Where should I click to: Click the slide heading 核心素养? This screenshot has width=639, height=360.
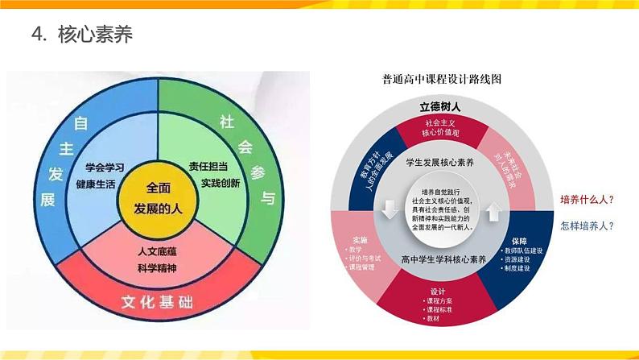tap(94, 35)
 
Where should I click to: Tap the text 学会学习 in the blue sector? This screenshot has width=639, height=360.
tap(105, 168)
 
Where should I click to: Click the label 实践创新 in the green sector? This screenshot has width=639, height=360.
tap(221, 183)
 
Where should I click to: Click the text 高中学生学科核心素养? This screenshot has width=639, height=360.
tap(443, 259)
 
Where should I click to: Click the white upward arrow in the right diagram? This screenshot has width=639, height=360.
tap(495, 211)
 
